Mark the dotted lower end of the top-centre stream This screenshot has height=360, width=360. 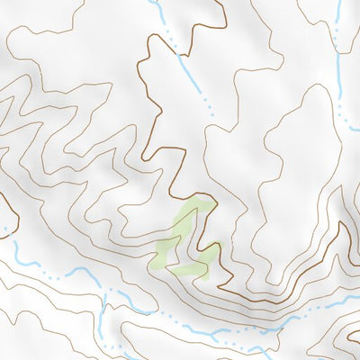click(x=209, y=108)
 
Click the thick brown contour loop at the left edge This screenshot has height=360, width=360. click(x=11, y=216)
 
